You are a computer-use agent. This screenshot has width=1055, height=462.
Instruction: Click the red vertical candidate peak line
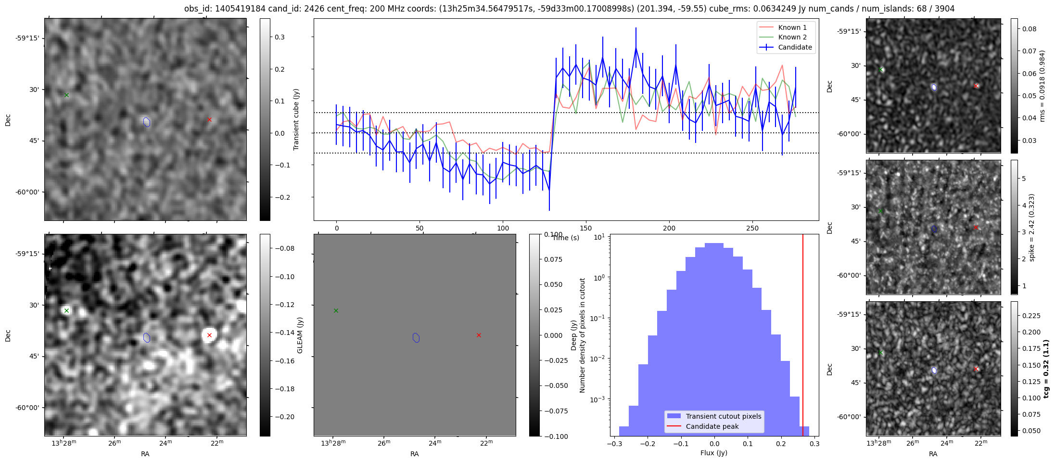803,335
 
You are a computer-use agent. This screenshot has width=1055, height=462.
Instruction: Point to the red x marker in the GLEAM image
209,335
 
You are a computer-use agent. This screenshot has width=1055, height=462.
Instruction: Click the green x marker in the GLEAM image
66,310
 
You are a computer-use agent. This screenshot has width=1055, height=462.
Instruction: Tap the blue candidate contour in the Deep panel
416,338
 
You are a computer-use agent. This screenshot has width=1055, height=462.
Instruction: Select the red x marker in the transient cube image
209,119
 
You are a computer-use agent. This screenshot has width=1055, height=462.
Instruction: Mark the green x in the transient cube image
66,95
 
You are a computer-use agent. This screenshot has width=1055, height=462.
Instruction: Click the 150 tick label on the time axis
586,228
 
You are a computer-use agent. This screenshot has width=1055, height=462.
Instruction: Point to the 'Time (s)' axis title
566,238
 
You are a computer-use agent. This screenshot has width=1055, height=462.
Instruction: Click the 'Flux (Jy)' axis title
714,453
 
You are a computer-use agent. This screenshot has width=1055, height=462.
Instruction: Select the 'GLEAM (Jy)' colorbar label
300,335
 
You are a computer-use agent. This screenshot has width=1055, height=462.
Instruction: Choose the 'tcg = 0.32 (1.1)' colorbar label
1046,369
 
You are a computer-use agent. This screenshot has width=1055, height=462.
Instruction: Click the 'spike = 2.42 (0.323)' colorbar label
1031,228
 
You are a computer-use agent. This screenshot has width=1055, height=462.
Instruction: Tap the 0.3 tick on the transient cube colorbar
280,37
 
